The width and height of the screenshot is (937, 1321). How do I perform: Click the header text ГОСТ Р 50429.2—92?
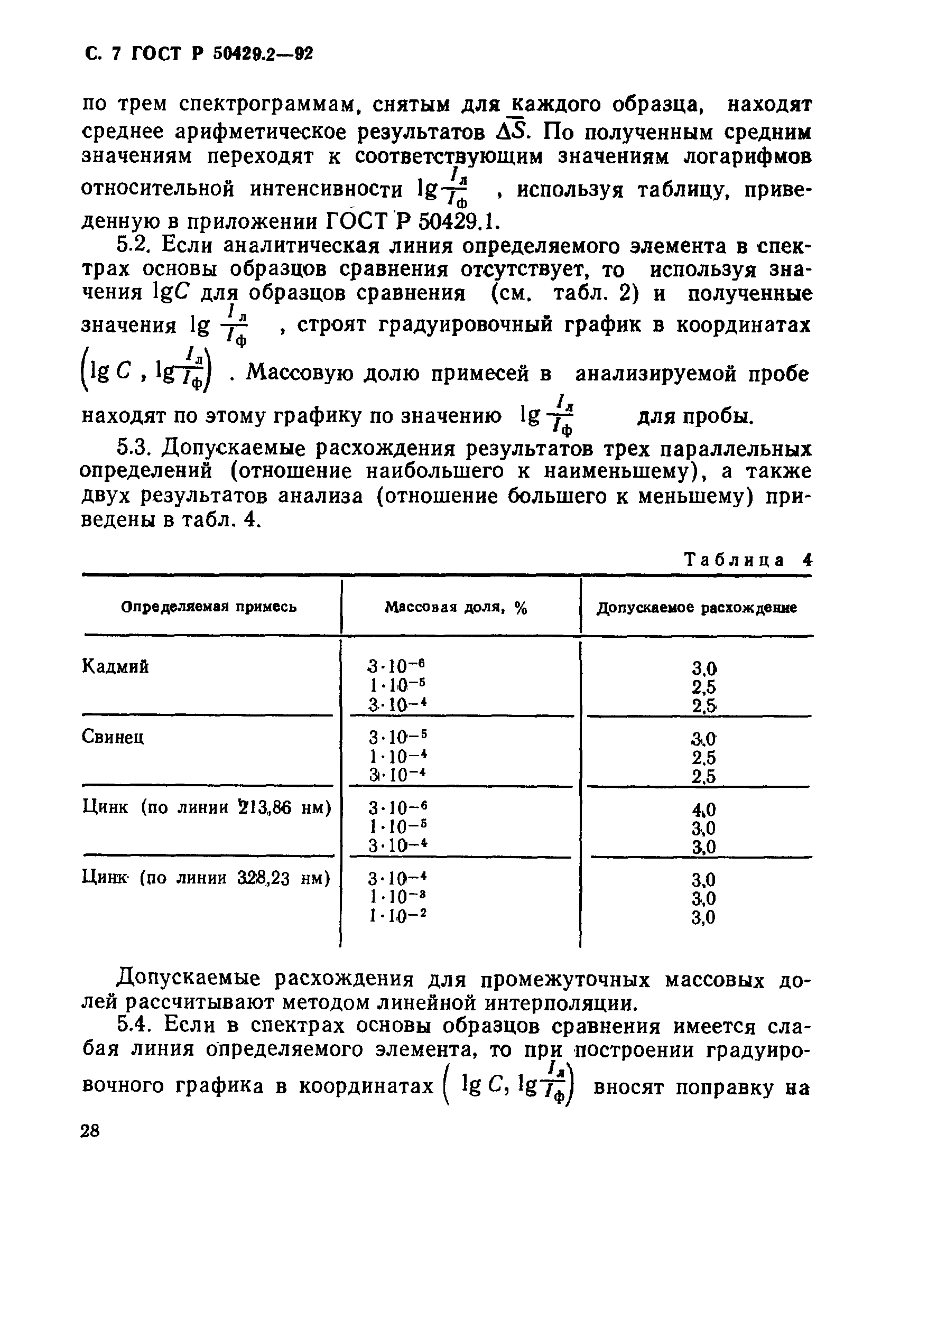tap(222, 54)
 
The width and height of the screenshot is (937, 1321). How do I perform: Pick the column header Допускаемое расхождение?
tap(697, 608)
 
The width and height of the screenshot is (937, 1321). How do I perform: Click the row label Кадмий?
tap(115, 667)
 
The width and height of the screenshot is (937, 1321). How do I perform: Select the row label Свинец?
tap(113, 737)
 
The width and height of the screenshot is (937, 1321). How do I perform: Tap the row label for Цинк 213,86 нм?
tap(207, 807)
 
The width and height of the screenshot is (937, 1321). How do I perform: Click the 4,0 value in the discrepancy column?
tap(703, 810)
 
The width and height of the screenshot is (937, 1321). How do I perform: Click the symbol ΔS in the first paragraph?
tap(511, 132)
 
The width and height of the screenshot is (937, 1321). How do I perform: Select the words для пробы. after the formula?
tap(695, 415)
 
